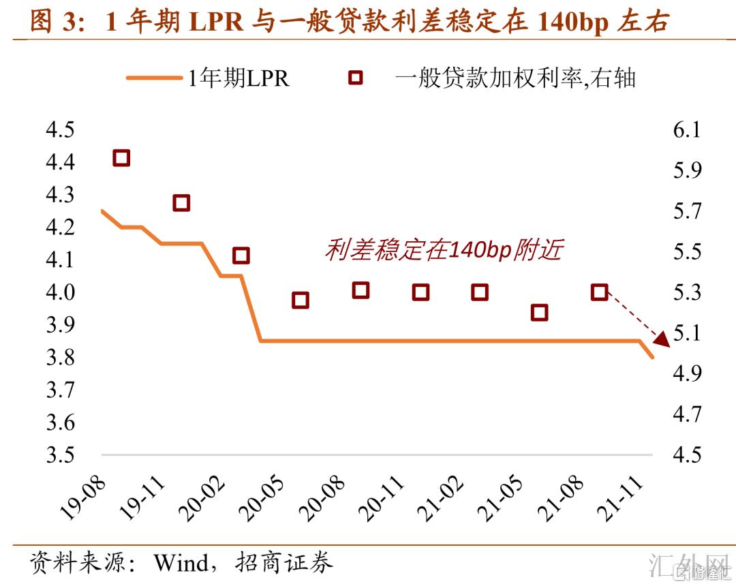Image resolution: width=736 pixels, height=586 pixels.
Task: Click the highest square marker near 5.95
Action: [x=121, y=158]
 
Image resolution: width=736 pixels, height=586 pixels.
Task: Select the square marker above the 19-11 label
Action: [x=181, y=202]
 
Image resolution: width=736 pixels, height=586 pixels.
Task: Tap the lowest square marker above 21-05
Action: [x=539, y=312]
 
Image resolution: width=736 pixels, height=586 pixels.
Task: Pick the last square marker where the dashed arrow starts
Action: [x=599, y=292]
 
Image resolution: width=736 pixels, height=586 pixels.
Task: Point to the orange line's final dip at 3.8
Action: [x=652, y=356]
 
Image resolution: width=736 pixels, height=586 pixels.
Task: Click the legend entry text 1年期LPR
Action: [x=239, y=78]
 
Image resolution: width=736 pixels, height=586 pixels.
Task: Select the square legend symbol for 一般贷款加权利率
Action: [x=355, y=78]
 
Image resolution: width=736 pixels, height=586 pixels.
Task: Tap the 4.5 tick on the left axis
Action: [x=60, y=129]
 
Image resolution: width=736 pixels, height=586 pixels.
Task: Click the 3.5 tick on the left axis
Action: [x=60, y=454]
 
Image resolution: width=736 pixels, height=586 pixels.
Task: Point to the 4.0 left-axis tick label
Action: [x=60, y=292]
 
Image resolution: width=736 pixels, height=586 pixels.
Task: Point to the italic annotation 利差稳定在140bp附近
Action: [x=444, y=250]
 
